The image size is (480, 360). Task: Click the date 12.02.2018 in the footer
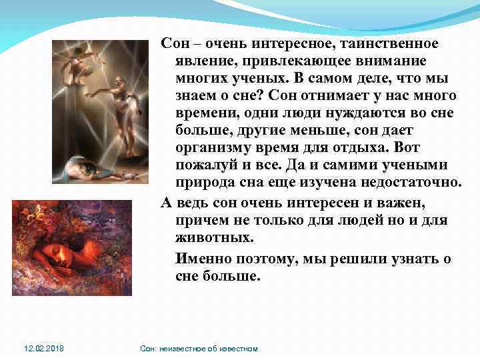click(x=45, y=349)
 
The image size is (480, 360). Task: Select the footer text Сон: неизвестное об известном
click(x=199, y=349)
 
